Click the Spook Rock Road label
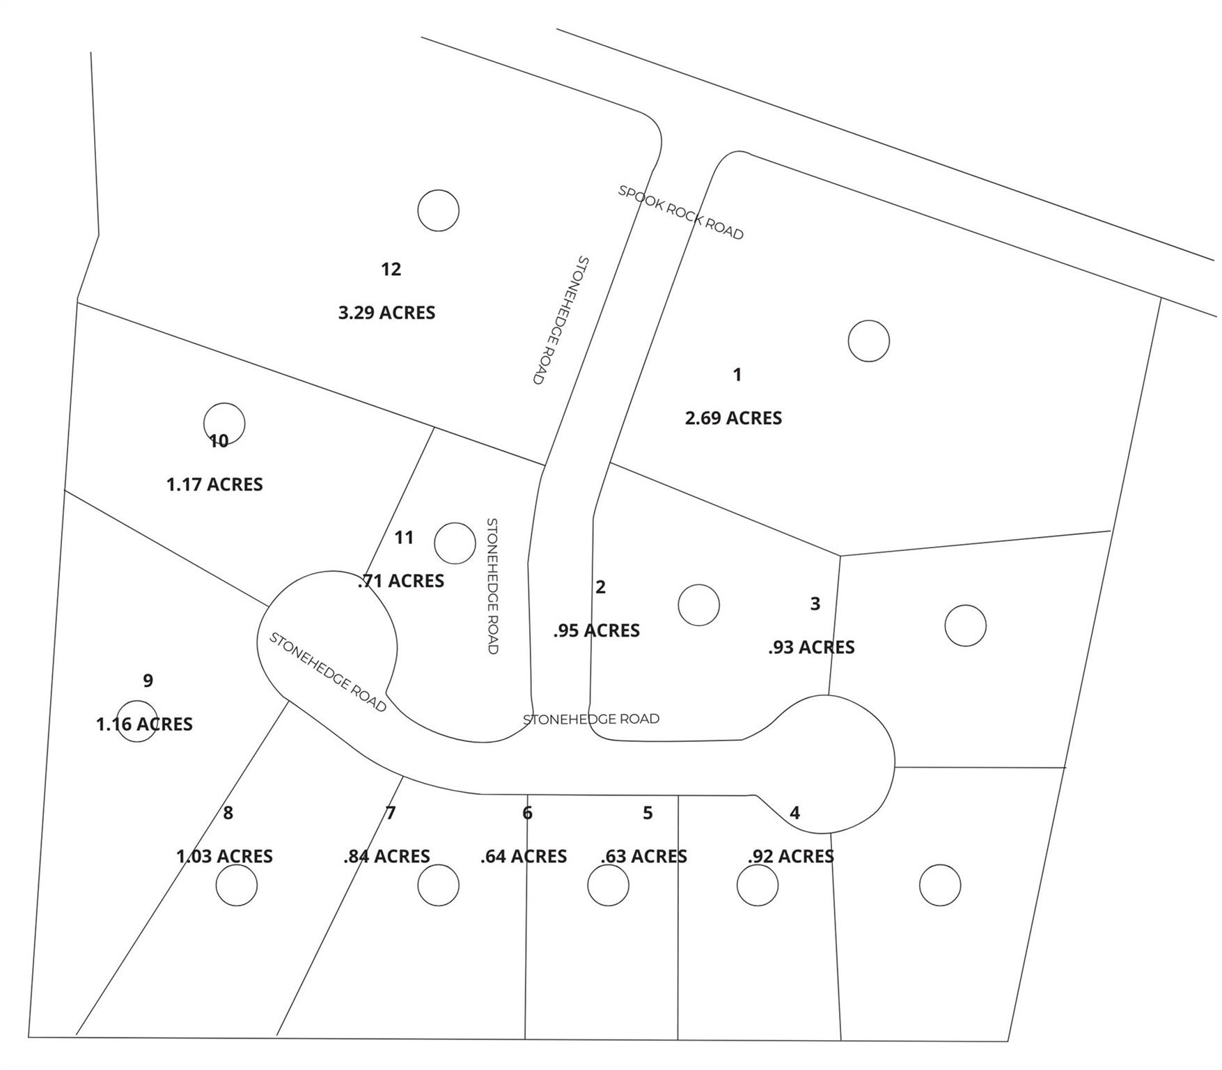[680, 212]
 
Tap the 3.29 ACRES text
[386, 313]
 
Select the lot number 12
[391, 269]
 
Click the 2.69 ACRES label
[733, 418]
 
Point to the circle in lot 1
[868, 341]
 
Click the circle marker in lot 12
[438, 210]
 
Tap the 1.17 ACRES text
[214, 484]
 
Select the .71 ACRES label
[401, 581]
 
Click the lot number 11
[404, 538]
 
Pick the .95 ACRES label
[597, 630]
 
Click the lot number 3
[815, 604]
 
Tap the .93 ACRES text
[811, 647]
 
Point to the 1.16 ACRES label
[144, 724]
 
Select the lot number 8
[228, 813]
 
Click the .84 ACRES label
[386, 856]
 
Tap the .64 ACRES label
[524, 856]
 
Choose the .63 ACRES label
[644, 856]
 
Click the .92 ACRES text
[791, 856]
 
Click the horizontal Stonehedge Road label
[590, 719]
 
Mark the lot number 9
[148, 681]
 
